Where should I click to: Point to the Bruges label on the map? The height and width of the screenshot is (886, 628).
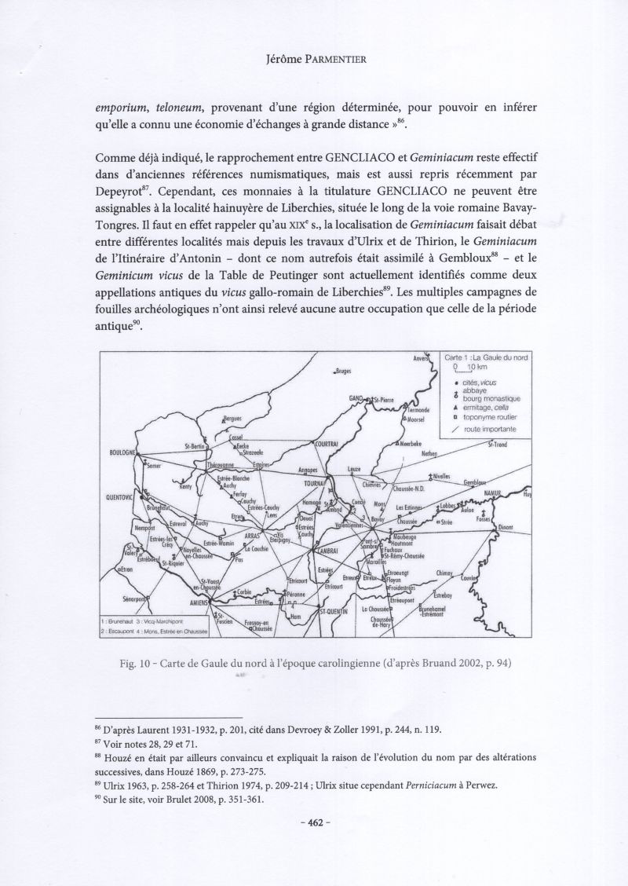pyautogui.click(x=343, y=371)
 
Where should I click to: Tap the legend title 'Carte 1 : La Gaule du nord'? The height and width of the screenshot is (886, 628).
pyautogui.click(x=487, y=357)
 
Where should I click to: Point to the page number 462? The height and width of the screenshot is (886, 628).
pyautogui.click(x=314, y=826)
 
